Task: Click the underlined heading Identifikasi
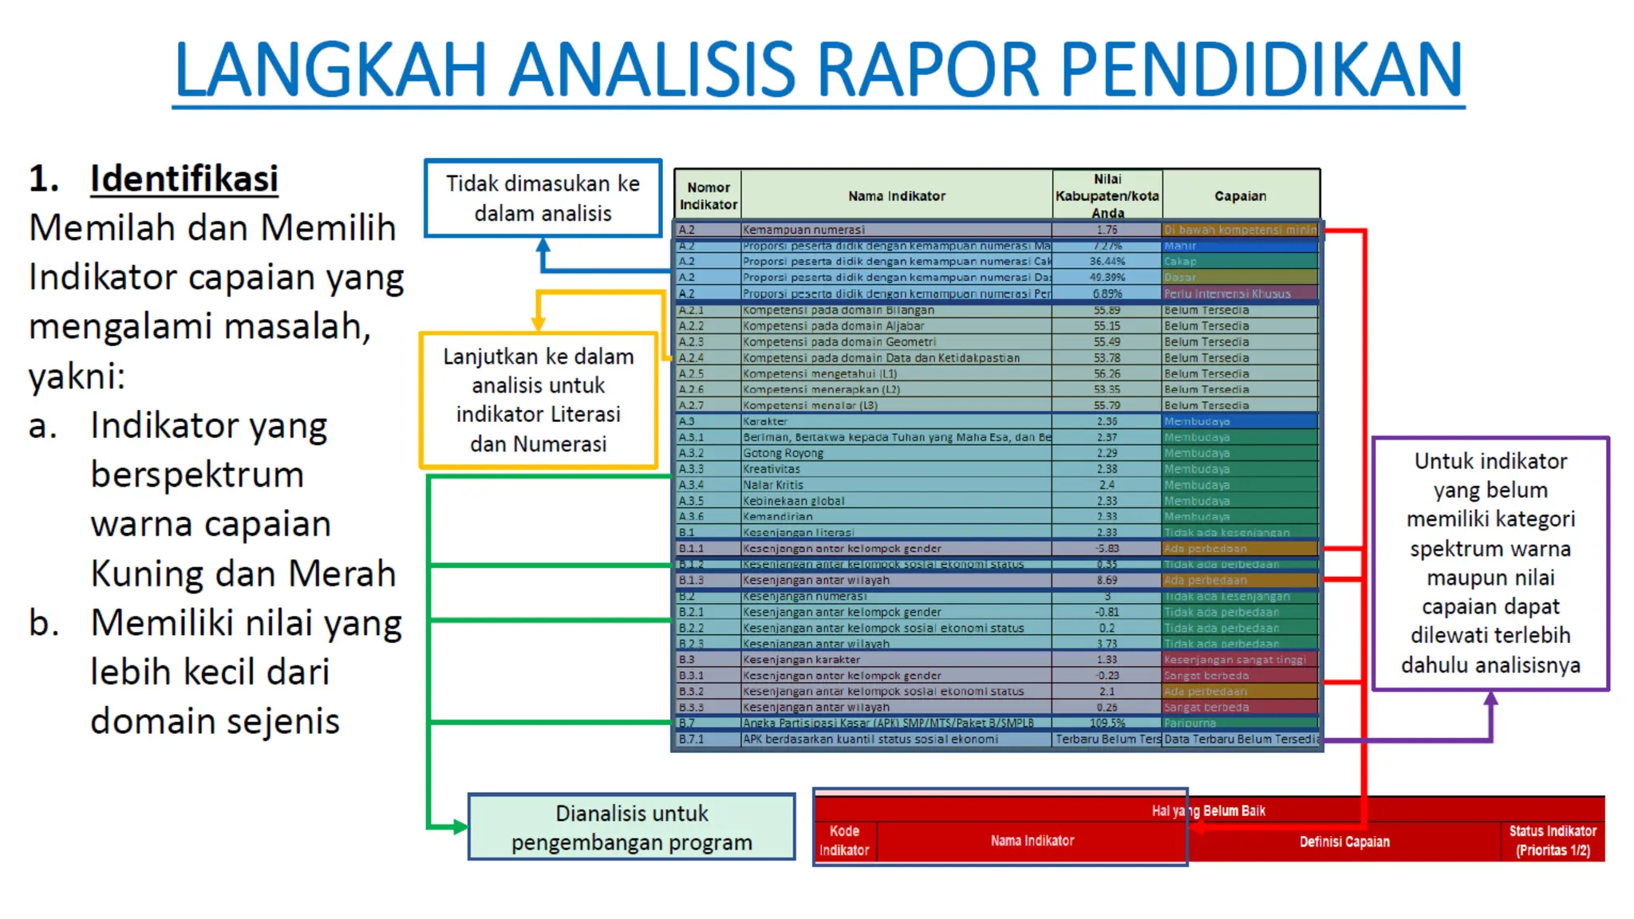tap(184, 178)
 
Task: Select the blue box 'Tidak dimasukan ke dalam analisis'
tap(543, 198)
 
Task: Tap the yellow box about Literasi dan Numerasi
tap(539, 400)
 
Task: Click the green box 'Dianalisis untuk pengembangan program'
tap(631, 827)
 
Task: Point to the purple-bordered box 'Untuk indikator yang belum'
tap(1490, 562)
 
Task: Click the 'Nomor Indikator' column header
tap(708, 195)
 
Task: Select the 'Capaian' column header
tap(1240, 195)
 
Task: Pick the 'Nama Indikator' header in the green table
tap(896, 195)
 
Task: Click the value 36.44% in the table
tap(1107, 261)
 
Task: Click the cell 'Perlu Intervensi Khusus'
tap(1226, 293)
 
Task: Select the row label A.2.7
tap(691, 404)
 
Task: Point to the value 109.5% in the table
tap(1107, 723)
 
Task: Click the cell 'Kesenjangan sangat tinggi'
tap(1234, 659)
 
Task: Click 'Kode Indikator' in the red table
tap(844, 840)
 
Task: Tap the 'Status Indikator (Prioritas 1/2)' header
tap(1552, 840)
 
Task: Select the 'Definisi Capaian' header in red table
tap(1344, 842)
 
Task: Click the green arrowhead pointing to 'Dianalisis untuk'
tap(460, 826)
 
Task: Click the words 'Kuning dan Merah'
tap(243, 573)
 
